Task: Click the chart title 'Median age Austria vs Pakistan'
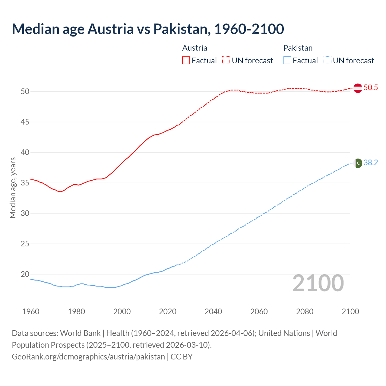point(148,29)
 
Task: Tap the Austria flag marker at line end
point(358,88)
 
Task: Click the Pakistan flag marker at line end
point(358,163)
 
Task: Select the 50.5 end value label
point(371,88)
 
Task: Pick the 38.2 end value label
point(371,163)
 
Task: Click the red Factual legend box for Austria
point(186,60)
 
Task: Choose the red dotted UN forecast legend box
point(226,60)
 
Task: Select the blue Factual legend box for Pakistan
point(287,60)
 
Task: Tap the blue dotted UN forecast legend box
point(327,60)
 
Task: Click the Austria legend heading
point(195,48)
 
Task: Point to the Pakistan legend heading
point(298,48)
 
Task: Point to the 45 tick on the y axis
point(25,122)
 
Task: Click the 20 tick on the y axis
point(25,274)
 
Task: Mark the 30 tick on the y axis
point(25,214)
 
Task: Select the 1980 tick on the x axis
point(76,312)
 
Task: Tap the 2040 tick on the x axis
point(213,312)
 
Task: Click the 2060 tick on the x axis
point(259,312)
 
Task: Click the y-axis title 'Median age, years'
point(13,188)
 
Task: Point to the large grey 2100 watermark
point(318,283)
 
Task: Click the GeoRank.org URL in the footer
point(88,357)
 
